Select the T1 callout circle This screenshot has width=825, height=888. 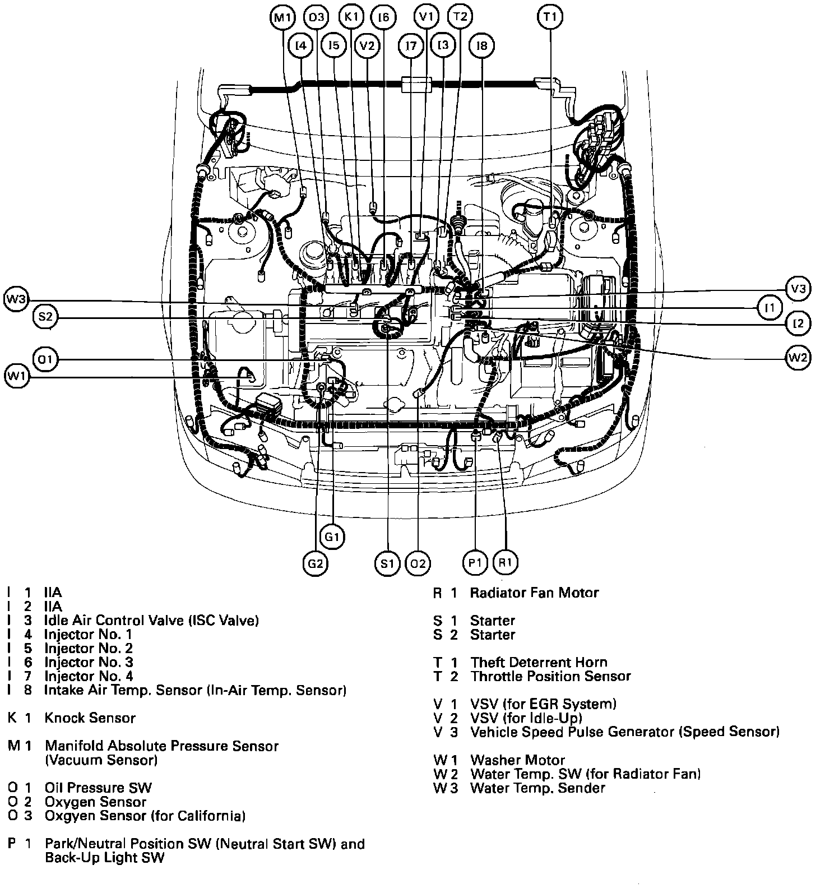pyautogui.click(x=550, y=17)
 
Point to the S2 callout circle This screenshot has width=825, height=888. pyautogui.click(x=45, y=317)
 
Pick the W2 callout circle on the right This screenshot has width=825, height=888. pyautogui.click(x=798, y=357)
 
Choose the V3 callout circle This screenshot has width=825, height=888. pyautogui.click(x=798, y=289)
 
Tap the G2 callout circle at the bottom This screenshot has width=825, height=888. pyautogui.click(x=316, y=563)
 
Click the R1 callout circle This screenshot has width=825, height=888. pyautogui.click(x=506, y=563)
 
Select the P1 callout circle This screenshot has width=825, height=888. pyautogui.click(x=475, y=563)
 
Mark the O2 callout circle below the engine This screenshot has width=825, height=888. pyautogui.click(x=418, y=563)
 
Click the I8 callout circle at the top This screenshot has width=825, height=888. pyautogui.click(x=482, y=45)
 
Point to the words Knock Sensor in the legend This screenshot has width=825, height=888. pyautogui.click(x=90, y=718)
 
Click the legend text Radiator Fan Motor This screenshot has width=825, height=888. pyautogui.click(x=534, y=593)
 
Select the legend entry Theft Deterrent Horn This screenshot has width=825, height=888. pyautogui.click(x=539, y=663)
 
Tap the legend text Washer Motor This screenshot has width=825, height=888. pyautogui.click(x=517, y=760)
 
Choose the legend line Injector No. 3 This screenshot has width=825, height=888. pyautogui.click(x=89, y=663)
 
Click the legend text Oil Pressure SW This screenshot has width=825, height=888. pyautogui.click(x=98, y=788)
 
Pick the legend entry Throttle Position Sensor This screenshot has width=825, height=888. pyautogui.click(x=550, y=677)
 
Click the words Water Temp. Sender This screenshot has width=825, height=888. pyautogui.click(x=537, y=788)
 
